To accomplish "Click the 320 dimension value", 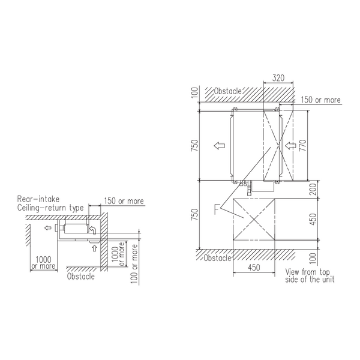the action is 278,78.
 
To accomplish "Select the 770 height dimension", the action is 303,145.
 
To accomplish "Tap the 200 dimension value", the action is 313,190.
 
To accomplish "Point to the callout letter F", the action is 217,209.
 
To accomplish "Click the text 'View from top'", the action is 307,272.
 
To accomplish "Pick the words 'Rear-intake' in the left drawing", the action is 38,199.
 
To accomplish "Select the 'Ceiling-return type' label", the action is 50,208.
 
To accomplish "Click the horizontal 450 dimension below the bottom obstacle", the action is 254,268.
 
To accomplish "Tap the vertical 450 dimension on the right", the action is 313,220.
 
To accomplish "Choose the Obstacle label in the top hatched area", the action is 228,91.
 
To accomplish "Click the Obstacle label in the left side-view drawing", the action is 81,276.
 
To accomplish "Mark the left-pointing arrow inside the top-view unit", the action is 219,145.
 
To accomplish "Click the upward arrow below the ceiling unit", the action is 94,248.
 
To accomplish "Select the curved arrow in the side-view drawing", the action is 92,230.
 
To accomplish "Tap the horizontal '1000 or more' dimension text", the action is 43,263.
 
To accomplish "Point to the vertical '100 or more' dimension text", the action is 134,264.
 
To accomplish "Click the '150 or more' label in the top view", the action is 321,100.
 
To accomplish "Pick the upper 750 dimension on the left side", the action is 194,145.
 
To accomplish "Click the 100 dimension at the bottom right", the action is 313,258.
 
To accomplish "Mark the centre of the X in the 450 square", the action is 254,220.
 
